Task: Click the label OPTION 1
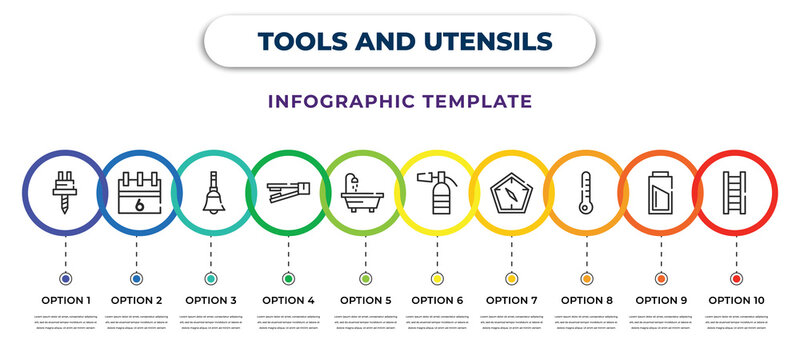pos(65,299)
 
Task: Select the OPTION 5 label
pos(365,299)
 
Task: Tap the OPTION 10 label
pos(737,299)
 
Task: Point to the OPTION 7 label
pos(512,299)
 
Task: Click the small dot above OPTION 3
pos(211,278)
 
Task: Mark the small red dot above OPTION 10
pos(736,278)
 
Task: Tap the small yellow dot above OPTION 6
pos(437,278)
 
